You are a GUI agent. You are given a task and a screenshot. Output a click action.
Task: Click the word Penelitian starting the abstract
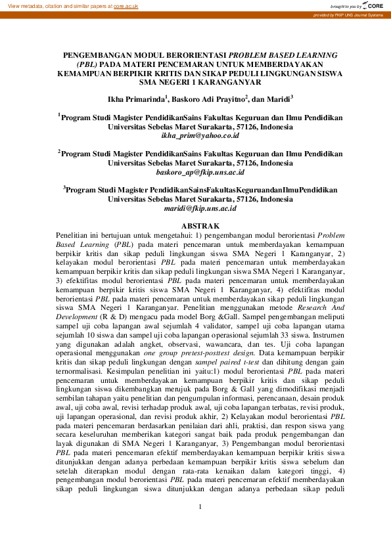[72, 233]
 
